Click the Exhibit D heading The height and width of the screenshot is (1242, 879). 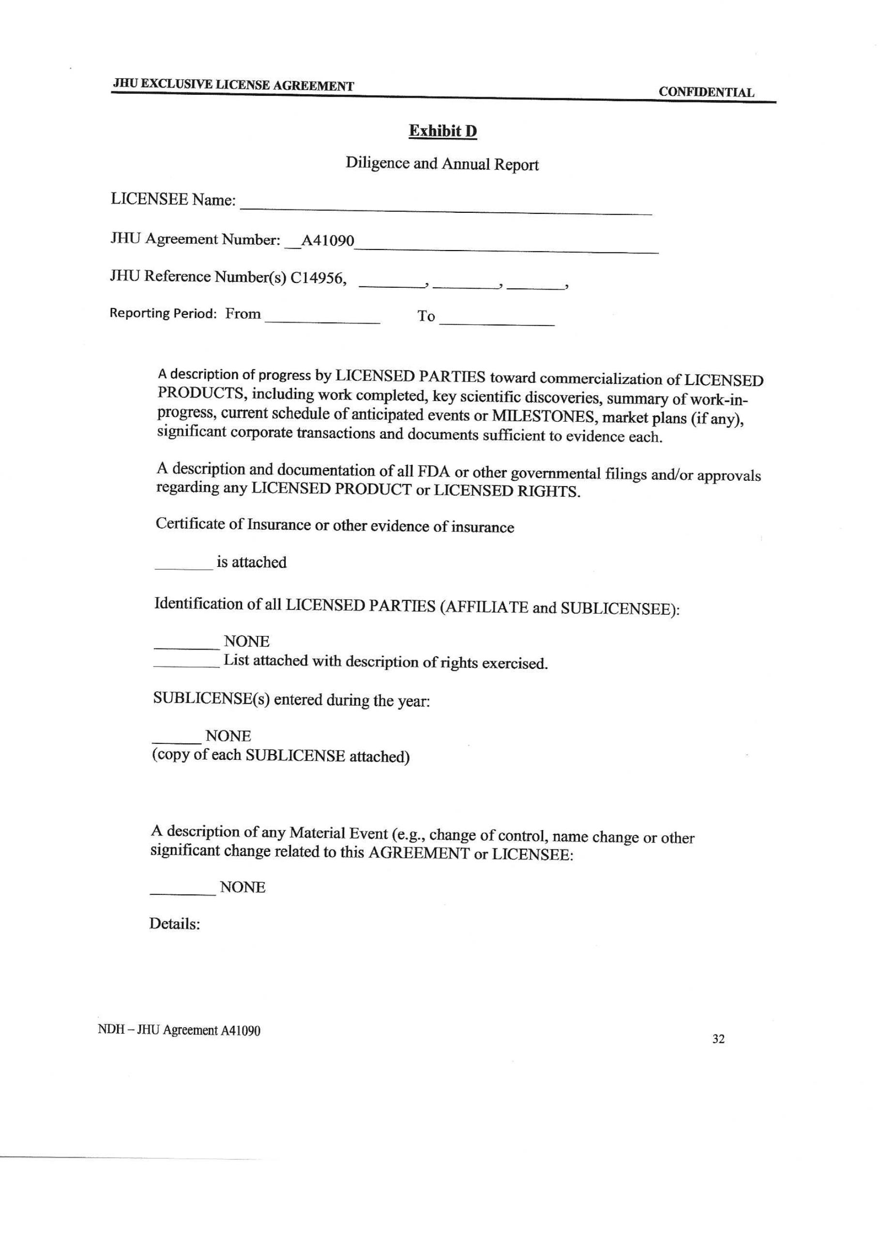pyautogui.click(x=442, y=132)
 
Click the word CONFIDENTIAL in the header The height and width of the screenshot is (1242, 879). pyautogui.click(x=706, y=92)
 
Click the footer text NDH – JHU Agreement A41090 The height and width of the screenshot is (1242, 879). pyautogui.click(x=179, y=1031)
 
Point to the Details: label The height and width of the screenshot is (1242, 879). pyautogui.click(x=174, y=924)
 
